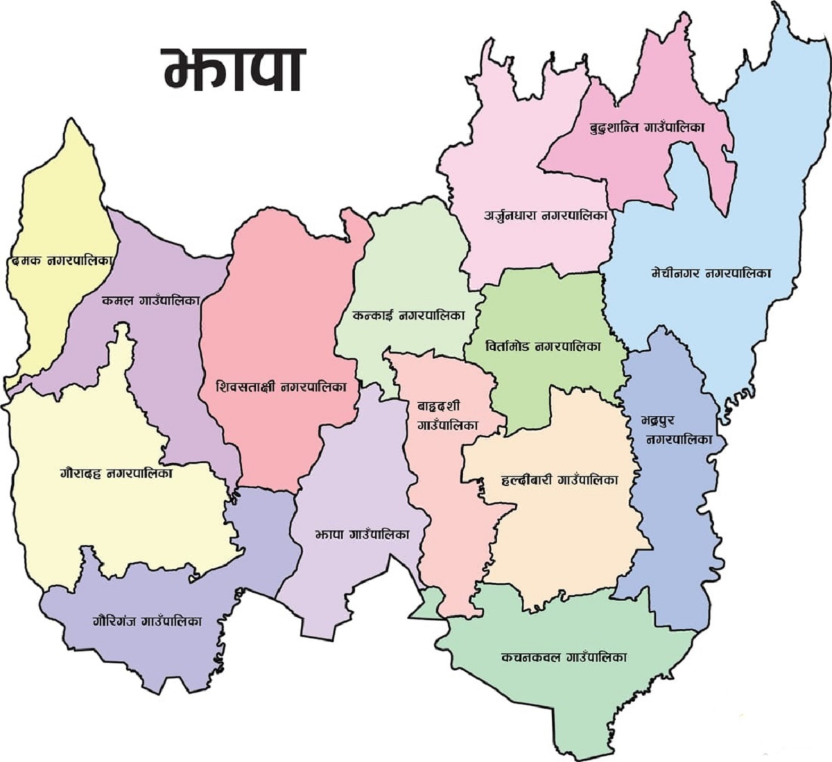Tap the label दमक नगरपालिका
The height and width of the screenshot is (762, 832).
61,261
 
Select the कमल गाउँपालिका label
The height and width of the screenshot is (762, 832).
150,300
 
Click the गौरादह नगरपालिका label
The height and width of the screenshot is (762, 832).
116,474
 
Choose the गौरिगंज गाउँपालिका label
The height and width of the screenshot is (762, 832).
146,621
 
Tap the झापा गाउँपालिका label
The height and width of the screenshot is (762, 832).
361,535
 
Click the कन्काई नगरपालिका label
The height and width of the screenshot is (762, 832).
407,315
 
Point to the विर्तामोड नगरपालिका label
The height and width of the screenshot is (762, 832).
544,345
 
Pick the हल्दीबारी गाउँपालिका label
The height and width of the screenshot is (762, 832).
559,479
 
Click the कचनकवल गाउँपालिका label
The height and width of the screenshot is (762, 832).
564,657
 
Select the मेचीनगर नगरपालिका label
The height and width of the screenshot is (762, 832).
711,273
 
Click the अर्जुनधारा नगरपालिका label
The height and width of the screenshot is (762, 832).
546,215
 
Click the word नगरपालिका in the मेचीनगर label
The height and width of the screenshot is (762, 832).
738,273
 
